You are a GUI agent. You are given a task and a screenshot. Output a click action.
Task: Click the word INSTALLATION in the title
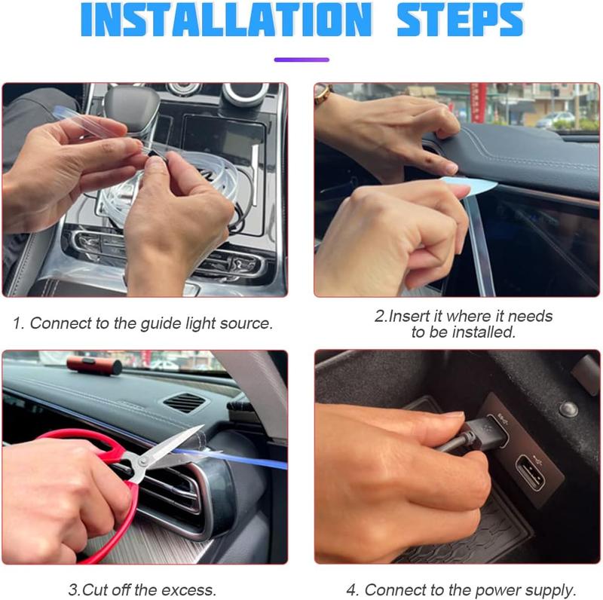[x=227, y=20]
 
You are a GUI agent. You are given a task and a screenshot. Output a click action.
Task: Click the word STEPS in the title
[x=460, y=20]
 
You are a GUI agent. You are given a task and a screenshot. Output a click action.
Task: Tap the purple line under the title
[x=301, y=60]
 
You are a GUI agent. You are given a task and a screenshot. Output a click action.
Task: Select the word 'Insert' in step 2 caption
[x=409, y=316]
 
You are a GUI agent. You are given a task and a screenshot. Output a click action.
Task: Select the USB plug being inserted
[x=485, y=433]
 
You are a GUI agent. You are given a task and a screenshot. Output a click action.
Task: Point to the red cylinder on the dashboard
[x=95, y=366]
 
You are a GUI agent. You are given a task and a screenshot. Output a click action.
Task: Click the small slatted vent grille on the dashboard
[x=185, y=403]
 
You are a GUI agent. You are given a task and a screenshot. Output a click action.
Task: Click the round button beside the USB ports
[x=568, y=409]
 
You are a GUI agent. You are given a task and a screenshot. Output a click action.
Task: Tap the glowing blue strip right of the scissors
[x=231, y=458]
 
